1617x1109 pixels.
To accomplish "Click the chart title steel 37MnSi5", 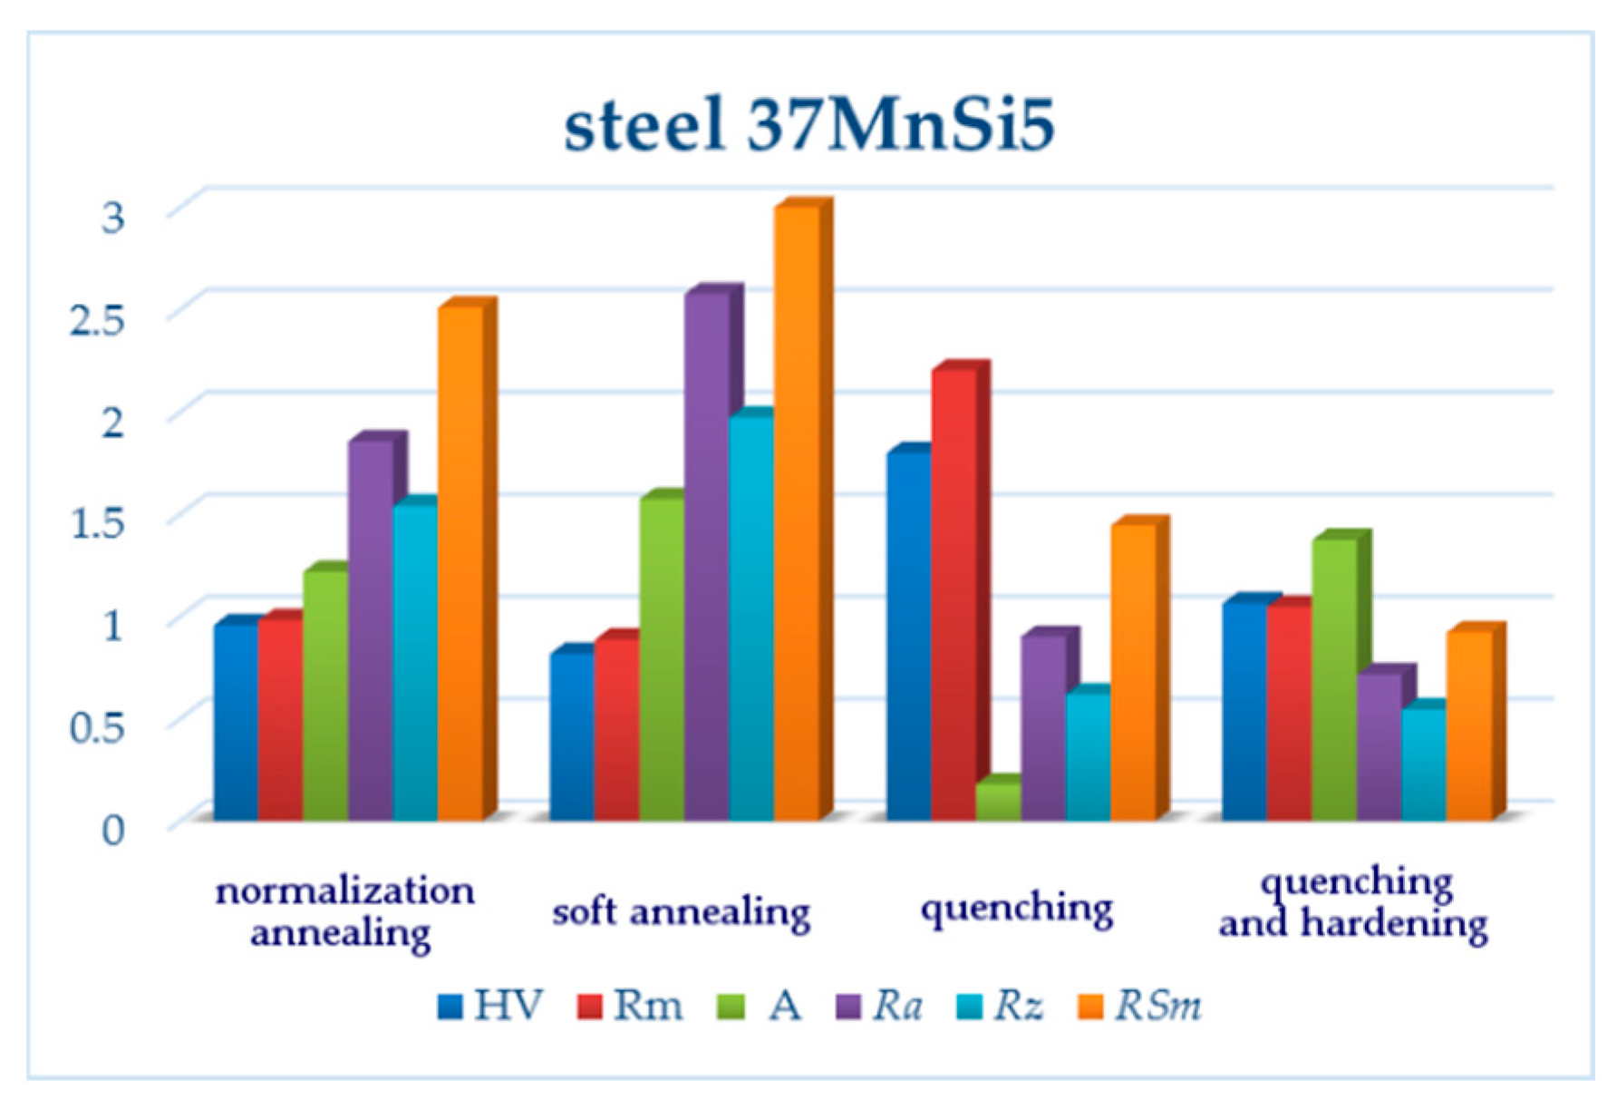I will pos(808,124).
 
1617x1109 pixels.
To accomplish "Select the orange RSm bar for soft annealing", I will pos(796,512).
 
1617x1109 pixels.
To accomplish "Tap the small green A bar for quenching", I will pos(998,802).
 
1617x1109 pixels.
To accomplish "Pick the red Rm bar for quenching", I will pos(954,594).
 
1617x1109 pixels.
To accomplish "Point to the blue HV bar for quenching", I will pos(908,635).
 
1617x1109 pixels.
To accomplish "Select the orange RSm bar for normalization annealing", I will pos(460,562).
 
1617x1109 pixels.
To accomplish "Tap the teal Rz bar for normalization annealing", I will pos(415,662).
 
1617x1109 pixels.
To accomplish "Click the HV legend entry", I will pos(489,1006).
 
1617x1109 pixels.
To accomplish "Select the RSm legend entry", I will pos(1139,1006).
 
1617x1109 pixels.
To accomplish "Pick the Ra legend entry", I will pos(878,1006).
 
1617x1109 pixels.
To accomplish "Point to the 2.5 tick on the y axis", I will pos(97,320).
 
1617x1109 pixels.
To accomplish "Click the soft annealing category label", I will pos(681,911).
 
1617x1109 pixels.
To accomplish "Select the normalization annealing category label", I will pos(344,911).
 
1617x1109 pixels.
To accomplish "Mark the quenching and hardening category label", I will pos(1353,903).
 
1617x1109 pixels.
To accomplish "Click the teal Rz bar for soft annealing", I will pos(750,617).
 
